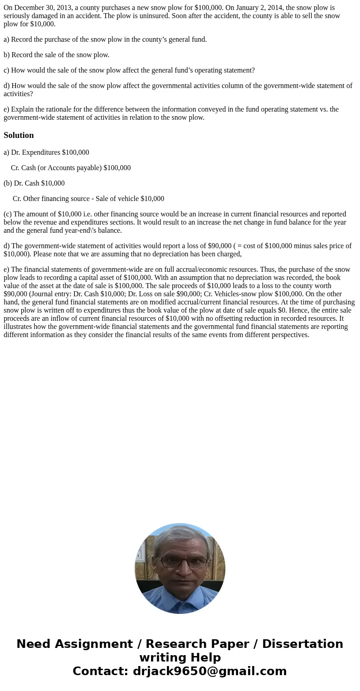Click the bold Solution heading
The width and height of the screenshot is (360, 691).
(x=19, y=135)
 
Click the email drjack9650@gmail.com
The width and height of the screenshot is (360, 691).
(x=209, y=671)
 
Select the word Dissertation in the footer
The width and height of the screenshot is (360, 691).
(x=302, y=644)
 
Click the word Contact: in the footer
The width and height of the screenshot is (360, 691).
(x=101, y=671)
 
